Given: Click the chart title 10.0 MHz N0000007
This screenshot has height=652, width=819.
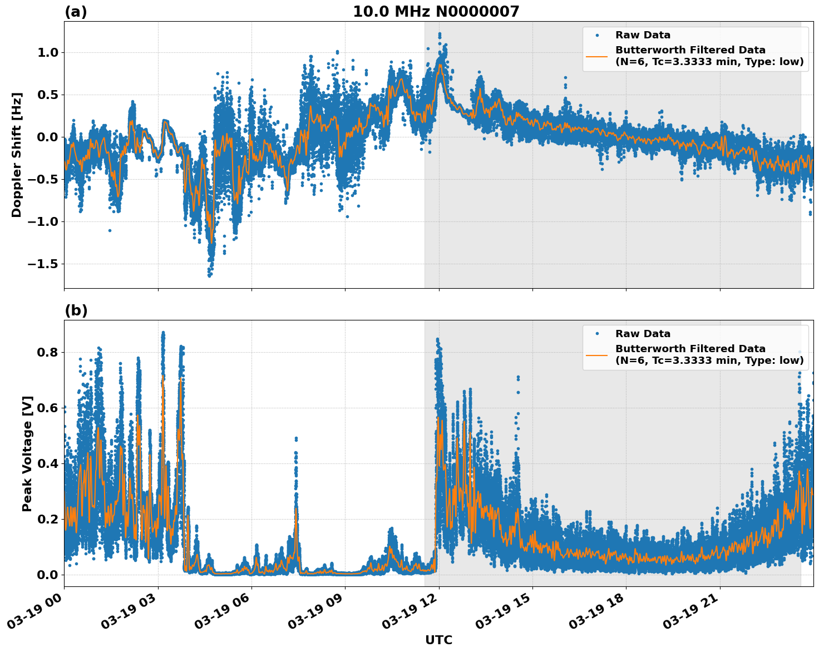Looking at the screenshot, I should [x=436, y=12].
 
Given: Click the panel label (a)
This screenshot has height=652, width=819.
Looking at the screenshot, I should [x=76, y=12].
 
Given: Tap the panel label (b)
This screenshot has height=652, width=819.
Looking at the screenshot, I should [x=76, y=310].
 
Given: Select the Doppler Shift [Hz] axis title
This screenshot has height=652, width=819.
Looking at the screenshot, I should [x=17, y=155].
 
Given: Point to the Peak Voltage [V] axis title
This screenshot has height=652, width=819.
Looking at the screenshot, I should [x=27, y=453].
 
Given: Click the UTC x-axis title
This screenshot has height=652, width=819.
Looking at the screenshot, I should [x=438, y=640].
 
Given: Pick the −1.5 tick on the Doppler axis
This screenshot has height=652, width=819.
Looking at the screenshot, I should [x=43, y=264].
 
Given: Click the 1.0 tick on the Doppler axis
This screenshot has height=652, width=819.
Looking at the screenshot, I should [x=48, y=52].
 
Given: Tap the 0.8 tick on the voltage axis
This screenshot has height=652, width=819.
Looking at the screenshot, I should [x=48, y=352].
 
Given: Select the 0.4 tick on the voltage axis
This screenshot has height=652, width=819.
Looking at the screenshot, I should [x=48, y=463].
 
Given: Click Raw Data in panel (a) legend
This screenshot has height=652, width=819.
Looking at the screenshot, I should [x=643, y=35].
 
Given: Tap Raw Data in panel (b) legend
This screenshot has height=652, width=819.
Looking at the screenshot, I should [x=643, y=334].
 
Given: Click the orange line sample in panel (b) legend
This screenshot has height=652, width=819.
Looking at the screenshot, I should [x=597, y=354].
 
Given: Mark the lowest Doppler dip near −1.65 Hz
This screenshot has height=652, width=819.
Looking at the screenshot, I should [x=210, y=275].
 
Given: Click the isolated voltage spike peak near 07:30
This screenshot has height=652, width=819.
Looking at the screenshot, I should [x=296, y=438].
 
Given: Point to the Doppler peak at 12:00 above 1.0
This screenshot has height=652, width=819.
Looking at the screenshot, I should [x=440, y=34].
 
